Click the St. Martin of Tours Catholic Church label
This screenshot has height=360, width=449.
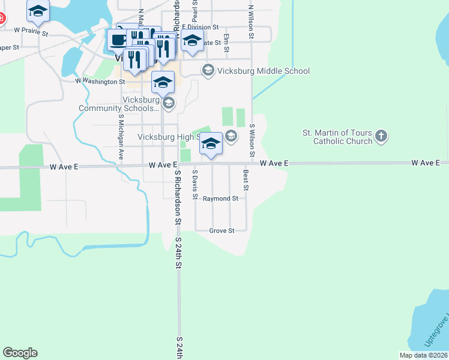tap(337, 137)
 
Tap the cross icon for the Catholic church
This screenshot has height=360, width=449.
tap(381, 137)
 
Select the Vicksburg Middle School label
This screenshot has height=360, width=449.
tap(265, 71)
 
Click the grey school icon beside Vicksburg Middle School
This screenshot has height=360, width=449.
tap(208, 71)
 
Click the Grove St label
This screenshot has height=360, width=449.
tap(221, 230)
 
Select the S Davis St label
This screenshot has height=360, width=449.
tap(194, 184)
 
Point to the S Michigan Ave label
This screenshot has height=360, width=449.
tap(121, 137)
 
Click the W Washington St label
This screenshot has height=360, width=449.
tap(100, 81)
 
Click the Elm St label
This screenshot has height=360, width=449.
tap(226, 42)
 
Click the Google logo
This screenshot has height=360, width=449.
tap(20, 353)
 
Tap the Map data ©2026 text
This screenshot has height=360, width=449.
tap(423, 355)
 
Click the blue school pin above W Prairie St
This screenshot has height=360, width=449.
tap(38, 10)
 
